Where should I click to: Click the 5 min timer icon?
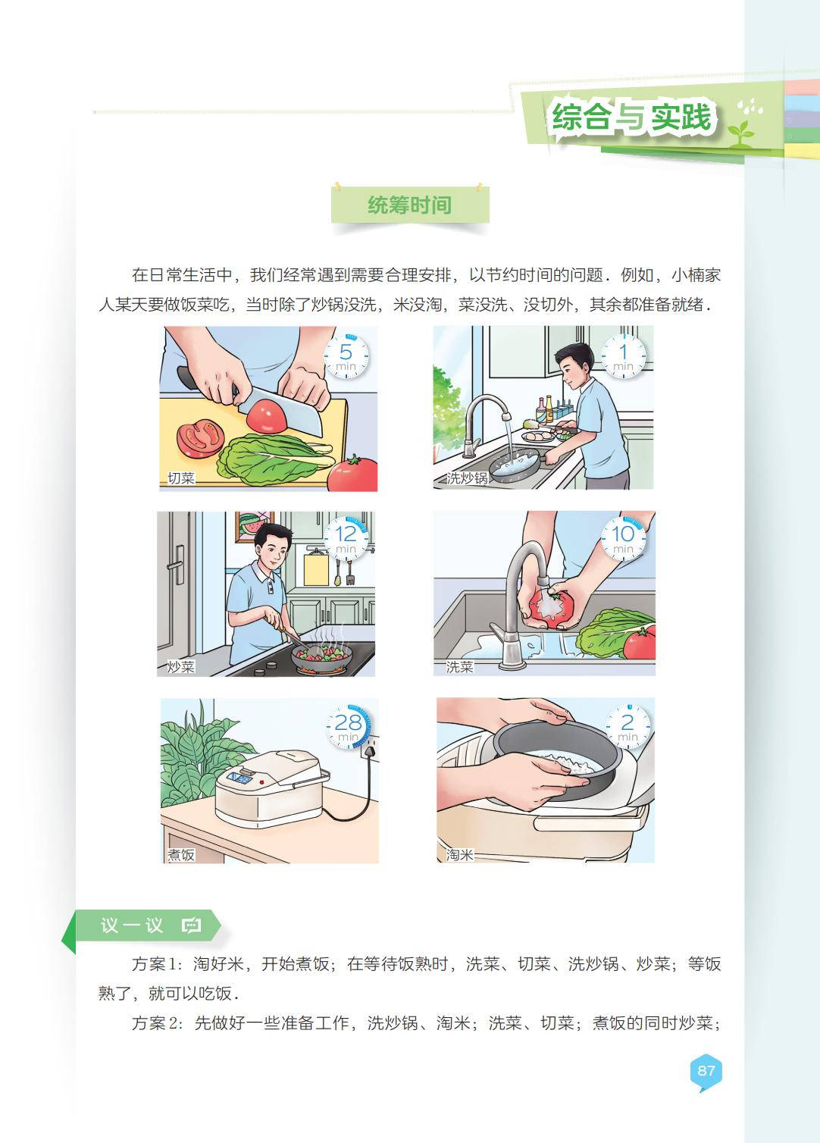[346, 356]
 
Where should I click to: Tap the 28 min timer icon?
[349, 727]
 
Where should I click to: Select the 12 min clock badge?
[346, 539]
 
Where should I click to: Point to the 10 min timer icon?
[623, 539]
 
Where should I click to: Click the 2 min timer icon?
[628, 727]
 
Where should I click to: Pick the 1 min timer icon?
[623, 356]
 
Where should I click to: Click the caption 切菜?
[181, 478]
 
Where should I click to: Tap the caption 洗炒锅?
[467, 478]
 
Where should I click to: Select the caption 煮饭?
[181, 855]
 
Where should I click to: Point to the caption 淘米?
[460, 855]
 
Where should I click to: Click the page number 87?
[706, 1070]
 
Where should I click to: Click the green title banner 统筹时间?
[410, 205]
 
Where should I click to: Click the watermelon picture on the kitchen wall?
[254, 527]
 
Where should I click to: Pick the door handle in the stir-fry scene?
[177, 565]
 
